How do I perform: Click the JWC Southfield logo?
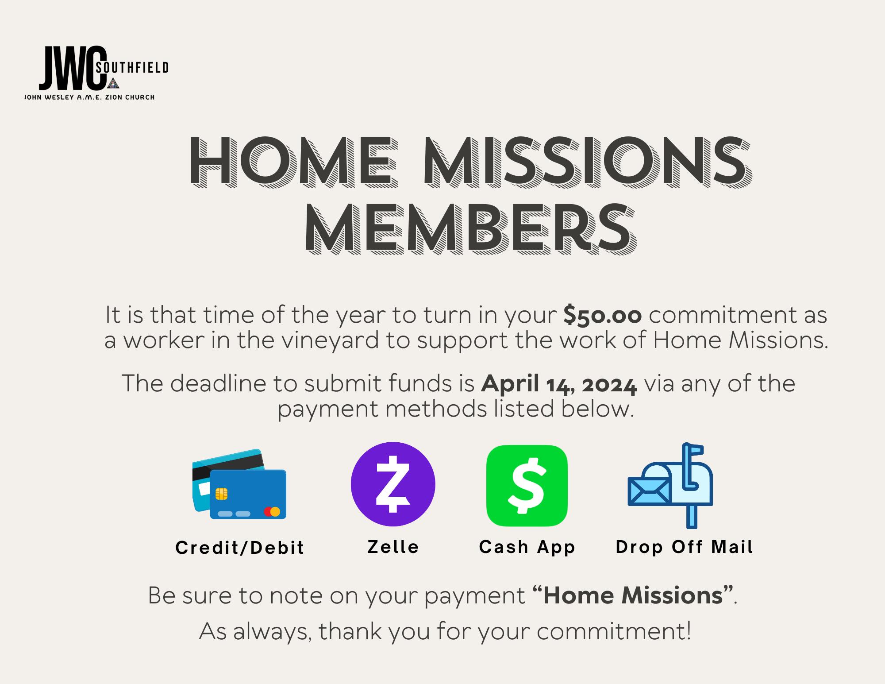point(96,73)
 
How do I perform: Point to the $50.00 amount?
point(603,315)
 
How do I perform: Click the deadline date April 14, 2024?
point(559,384)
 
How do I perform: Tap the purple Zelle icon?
point(393,484)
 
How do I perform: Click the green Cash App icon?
point(527,486)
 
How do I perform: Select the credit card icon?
point(239,484)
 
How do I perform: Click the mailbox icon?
point(670,485)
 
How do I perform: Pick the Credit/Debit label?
point(240,548)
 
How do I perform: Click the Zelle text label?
point(393,547)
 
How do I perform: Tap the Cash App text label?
point(527,547)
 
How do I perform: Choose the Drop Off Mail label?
point(684,547)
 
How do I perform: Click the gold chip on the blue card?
point(222,494)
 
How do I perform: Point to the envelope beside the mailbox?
point(649,492)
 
